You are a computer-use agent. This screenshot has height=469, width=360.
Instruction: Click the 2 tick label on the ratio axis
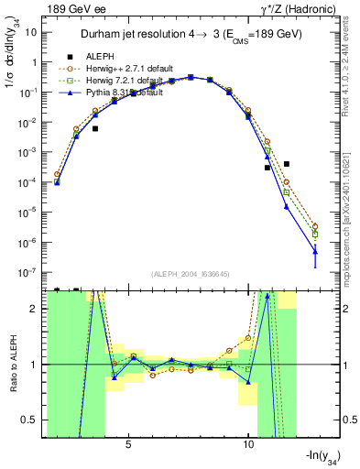pos(38,308)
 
